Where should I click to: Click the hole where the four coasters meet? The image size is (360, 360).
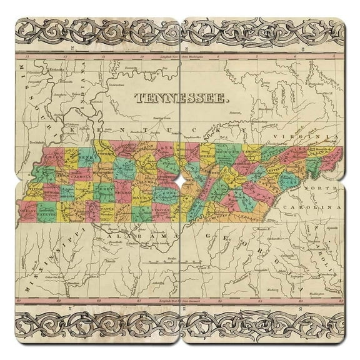180,180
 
